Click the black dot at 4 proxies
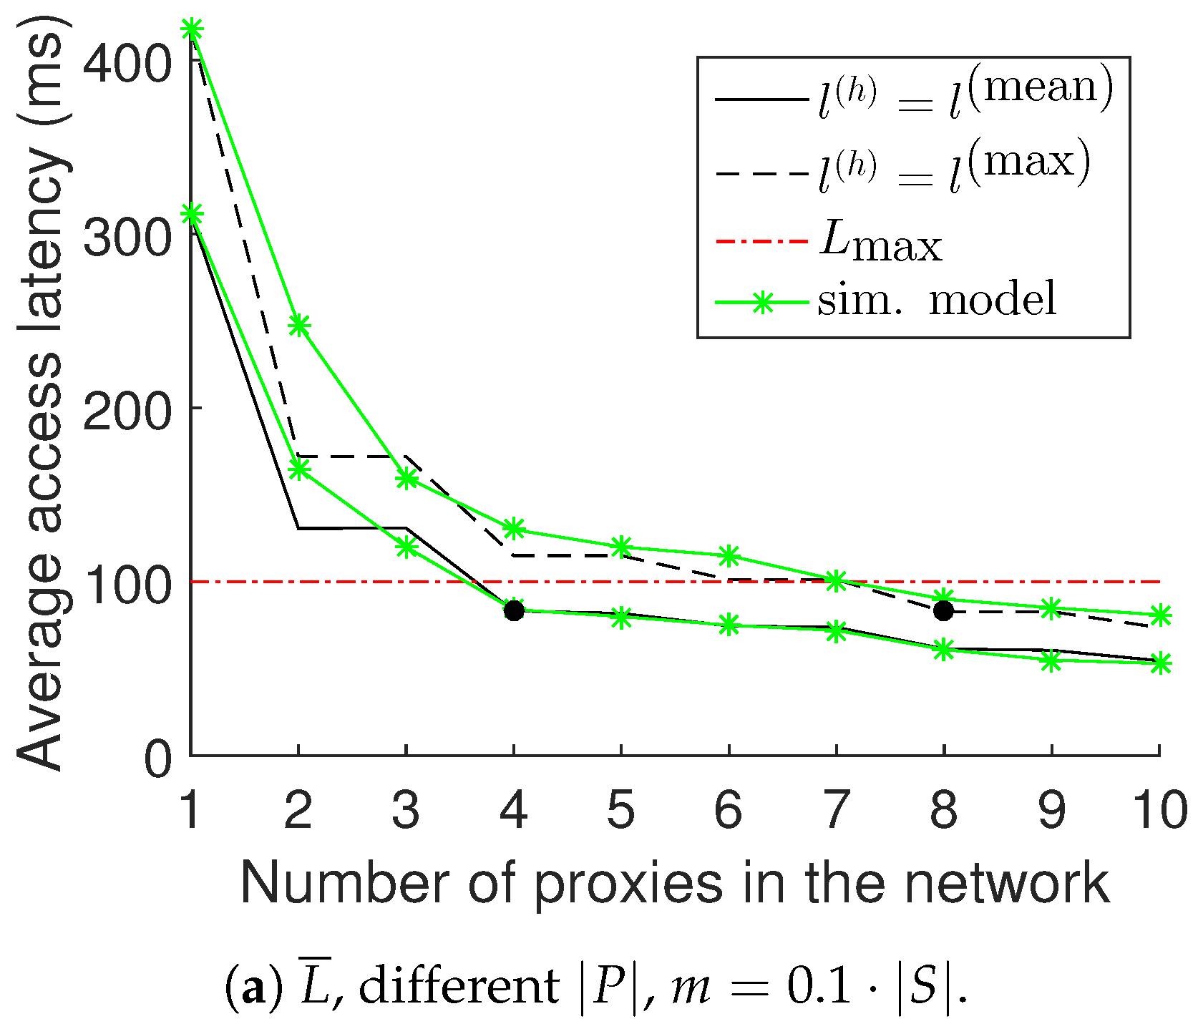pos(513,610)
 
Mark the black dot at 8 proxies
pos(944,610)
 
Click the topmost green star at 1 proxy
pos(191,29)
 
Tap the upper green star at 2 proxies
pos(298,326)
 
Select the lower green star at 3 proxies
pos(406,547)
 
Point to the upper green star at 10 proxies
pos(1159,615)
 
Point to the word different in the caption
pos(458,987)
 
